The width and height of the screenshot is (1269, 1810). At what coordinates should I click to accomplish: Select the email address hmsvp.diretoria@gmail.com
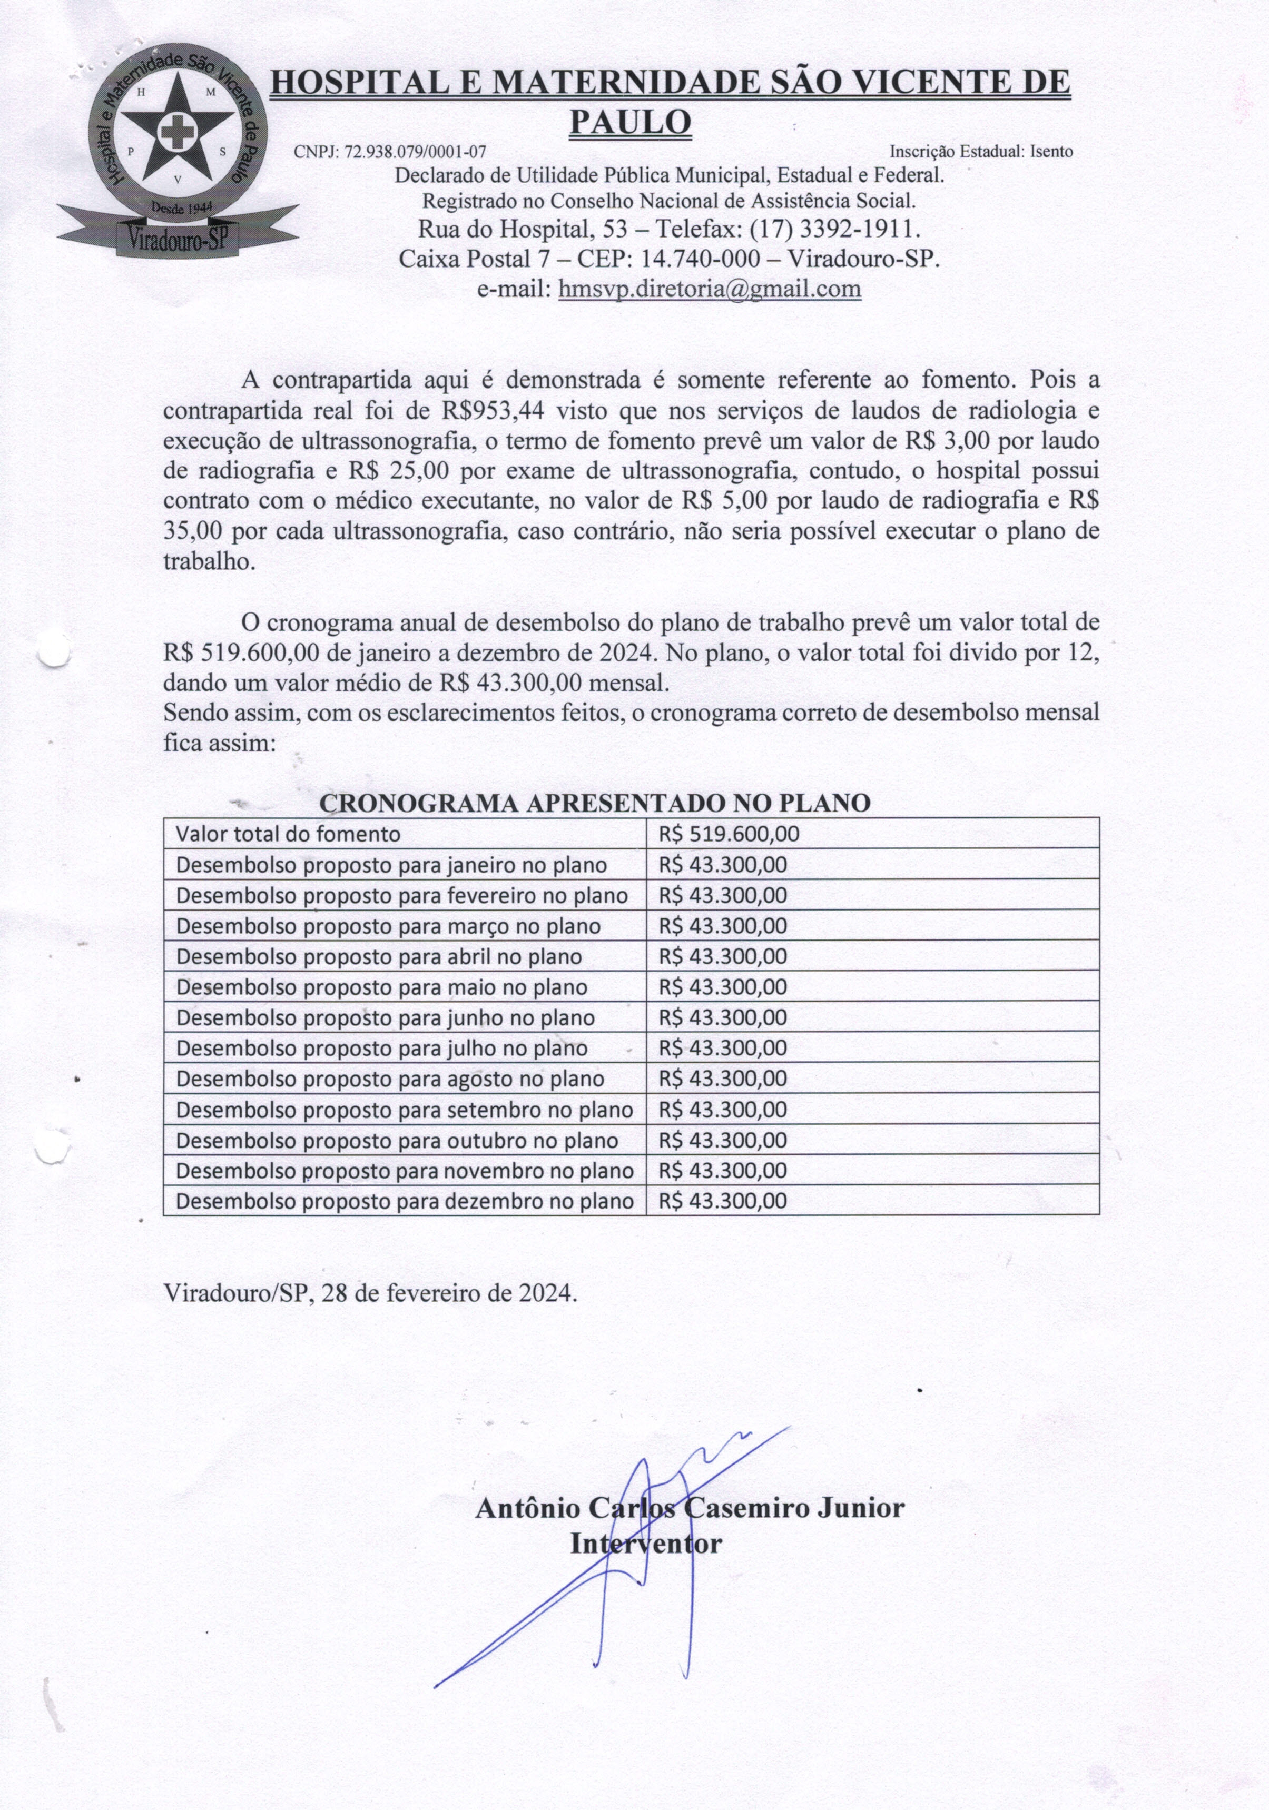click(x=709, y=289)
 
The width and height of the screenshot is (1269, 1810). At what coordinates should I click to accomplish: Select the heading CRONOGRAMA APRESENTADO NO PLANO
click(x=595, y=803)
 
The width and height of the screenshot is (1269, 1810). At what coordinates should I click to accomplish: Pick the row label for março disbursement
click(x=388, y=926)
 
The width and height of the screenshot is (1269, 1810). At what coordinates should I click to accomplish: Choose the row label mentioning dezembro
click(x=404, y=1201)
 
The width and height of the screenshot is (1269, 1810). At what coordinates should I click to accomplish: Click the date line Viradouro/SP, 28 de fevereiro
click(x=370, y=1293)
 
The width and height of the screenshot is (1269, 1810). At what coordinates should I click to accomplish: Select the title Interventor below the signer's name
click(x=645, y=1543)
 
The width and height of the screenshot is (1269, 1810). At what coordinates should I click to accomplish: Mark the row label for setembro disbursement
click(x=404, y=1110)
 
